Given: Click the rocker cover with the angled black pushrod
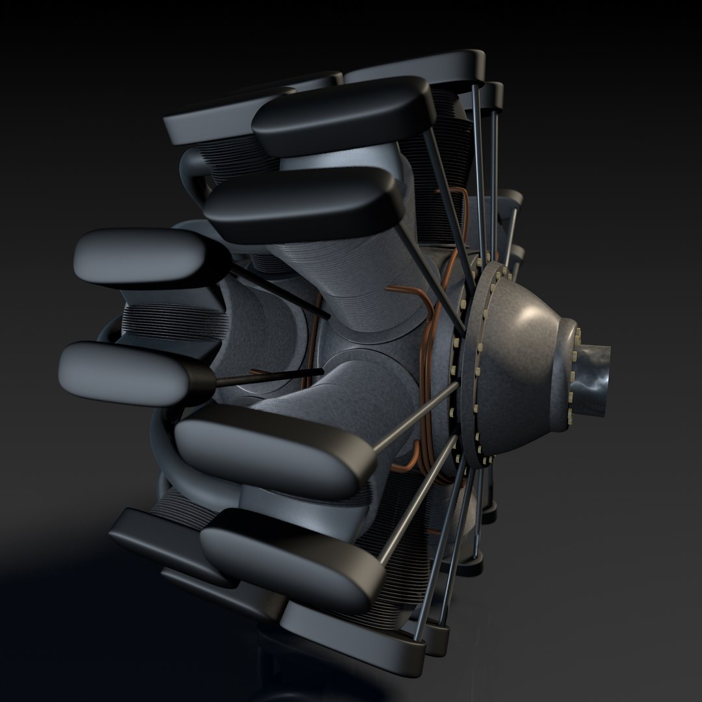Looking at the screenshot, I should coord(149,257).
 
